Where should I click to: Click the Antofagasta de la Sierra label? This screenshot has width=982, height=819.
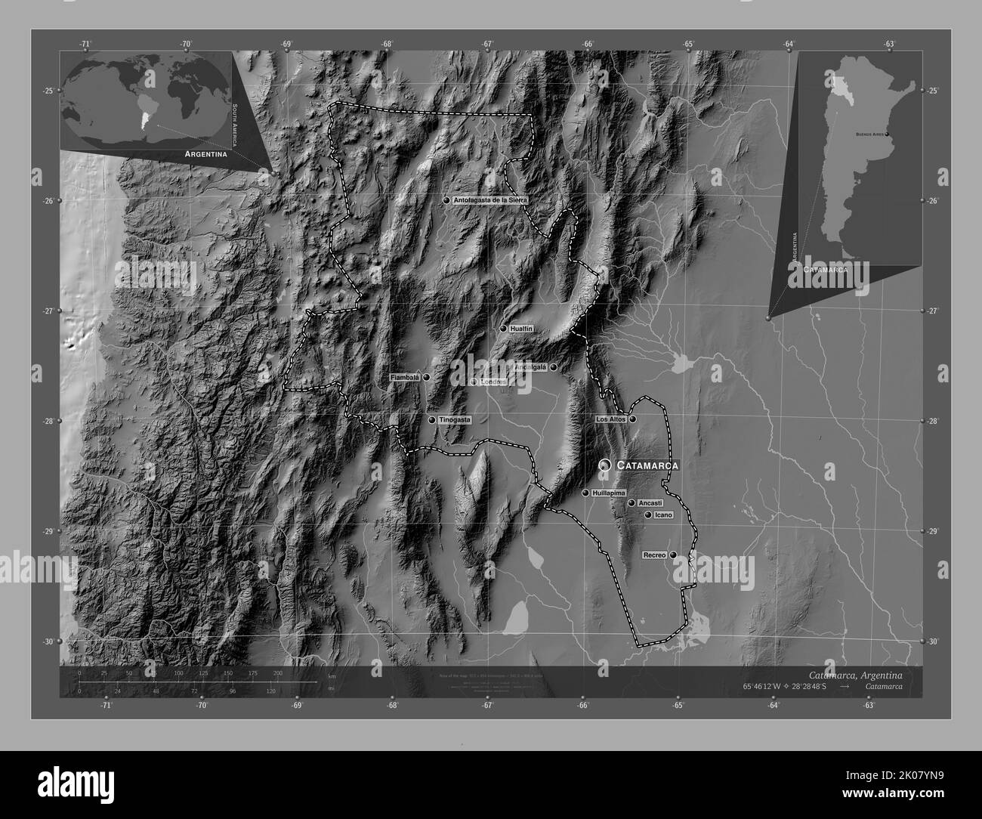pyautogui.click(x=491, y=199)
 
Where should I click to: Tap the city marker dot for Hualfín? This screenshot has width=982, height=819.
pyautogui.click(x=503, y=329)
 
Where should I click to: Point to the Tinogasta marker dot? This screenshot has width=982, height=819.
pyautogui.click(x=432, y=420)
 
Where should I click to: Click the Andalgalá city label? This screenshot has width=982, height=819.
pyautogui.click(x=530, y=367)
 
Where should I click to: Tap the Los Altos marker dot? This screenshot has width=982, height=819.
pyautogui.click(x=633, y=419)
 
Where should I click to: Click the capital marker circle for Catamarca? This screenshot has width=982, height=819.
pyautogui.click(x=604, y=466)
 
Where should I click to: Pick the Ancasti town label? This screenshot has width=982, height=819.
pyautogui.click(x=650, y=502)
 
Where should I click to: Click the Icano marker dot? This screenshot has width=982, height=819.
pyautogui.click(x=648, y=515)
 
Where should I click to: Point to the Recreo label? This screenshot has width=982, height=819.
pyautogui.click(x=654, y=555)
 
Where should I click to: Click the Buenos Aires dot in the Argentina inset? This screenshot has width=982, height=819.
pyautogui.click(x=887, y=134)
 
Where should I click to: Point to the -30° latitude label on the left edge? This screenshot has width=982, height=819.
pyautogui.click(x=47, y=641)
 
